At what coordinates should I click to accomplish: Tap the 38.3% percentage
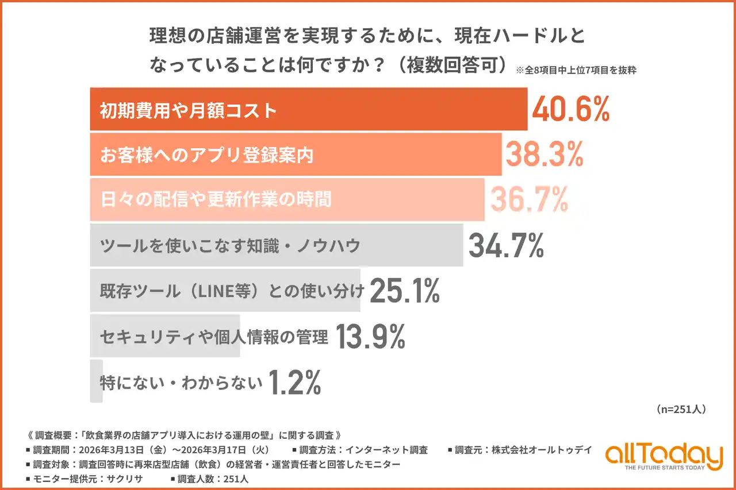545,155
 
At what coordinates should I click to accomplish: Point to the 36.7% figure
529,199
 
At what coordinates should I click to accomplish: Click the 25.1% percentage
404,291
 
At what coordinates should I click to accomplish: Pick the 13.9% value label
370,337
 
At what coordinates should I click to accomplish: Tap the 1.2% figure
295,383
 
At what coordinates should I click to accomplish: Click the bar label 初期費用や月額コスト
189,110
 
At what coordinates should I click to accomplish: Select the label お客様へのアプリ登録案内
206,155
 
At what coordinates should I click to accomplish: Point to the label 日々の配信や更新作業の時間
216,200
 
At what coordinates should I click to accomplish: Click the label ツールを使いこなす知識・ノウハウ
230,246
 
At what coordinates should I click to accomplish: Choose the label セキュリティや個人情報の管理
213,337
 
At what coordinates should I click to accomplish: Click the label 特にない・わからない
181,383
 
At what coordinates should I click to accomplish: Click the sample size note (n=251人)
681,410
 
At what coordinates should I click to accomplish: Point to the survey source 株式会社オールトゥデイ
541,450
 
